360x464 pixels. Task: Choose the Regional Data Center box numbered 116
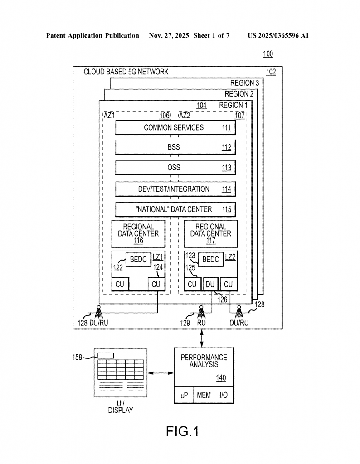click(138, 233)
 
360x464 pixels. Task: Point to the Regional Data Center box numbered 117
click(211, 233)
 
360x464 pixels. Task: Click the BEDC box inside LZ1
click(138, 260)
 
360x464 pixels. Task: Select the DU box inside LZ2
click(210, 284)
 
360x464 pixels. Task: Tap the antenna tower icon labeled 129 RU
click(201, 312)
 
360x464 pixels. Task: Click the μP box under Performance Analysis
click(184, 395)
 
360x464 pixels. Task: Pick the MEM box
click(204, 395)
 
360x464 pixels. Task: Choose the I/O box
click(224, 395)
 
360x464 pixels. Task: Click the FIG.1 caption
click(182, 431)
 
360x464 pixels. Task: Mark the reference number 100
click(268, 54)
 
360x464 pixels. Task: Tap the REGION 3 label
click(245, 83)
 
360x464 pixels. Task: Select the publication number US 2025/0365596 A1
click(278, 35)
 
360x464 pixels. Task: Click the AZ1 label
click(109, 116)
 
